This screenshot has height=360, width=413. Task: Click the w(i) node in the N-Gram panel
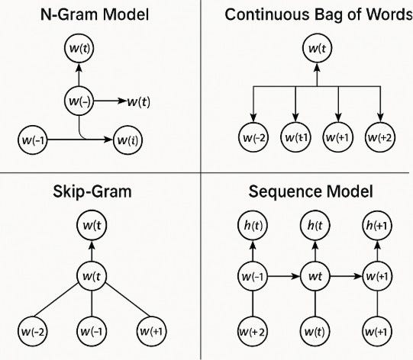(127, 140)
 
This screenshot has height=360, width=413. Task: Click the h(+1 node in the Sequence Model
(378, 226)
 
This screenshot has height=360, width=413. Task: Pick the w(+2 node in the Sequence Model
(252, 333)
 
